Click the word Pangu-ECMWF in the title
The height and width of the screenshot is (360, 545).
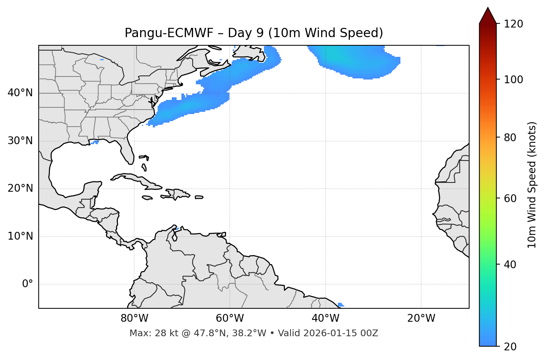[169, 33]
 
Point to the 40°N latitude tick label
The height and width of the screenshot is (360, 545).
[20, 93]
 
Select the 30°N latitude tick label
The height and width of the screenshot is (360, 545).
[20, 141]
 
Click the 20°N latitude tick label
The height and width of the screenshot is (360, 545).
[20, 188]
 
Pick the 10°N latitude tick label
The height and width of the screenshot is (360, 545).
[20, 236]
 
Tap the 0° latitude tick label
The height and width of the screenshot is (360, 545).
[28, 284]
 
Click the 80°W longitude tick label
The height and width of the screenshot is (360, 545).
[134, 318]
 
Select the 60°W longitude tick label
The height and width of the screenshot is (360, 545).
[230, 318]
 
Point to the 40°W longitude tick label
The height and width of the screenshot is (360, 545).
[325, 318]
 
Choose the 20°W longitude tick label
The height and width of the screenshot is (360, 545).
[421, 318]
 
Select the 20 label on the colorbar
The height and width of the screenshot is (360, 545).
[510, 347]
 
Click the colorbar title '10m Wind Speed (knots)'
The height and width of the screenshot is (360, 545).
[532, 185]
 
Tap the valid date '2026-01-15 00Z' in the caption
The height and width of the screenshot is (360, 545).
[341, 333]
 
